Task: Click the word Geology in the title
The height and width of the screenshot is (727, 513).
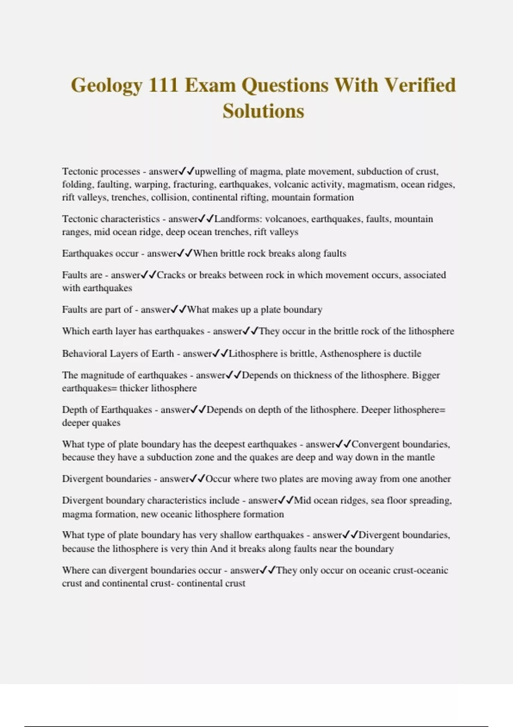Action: (x=106, y=86)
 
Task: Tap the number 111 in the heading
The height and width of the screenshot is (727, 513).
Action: (x=163, y=85)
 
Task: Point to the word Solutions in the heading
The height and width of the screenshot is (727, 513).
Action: (x=263, y=111)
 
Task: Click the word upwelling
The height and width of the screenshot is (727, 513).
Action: (x=215, y=171)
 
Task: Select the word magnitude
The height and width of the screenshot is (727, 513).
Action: (x=101, y=375)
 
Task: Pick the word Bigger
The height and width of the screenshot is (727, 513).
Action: (x=425, y=375)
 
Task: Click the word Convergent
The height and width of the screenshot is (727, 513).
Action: (x=375, y=444)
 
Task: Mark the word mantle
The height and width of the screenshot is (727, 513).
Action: (x=421, y=457)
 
